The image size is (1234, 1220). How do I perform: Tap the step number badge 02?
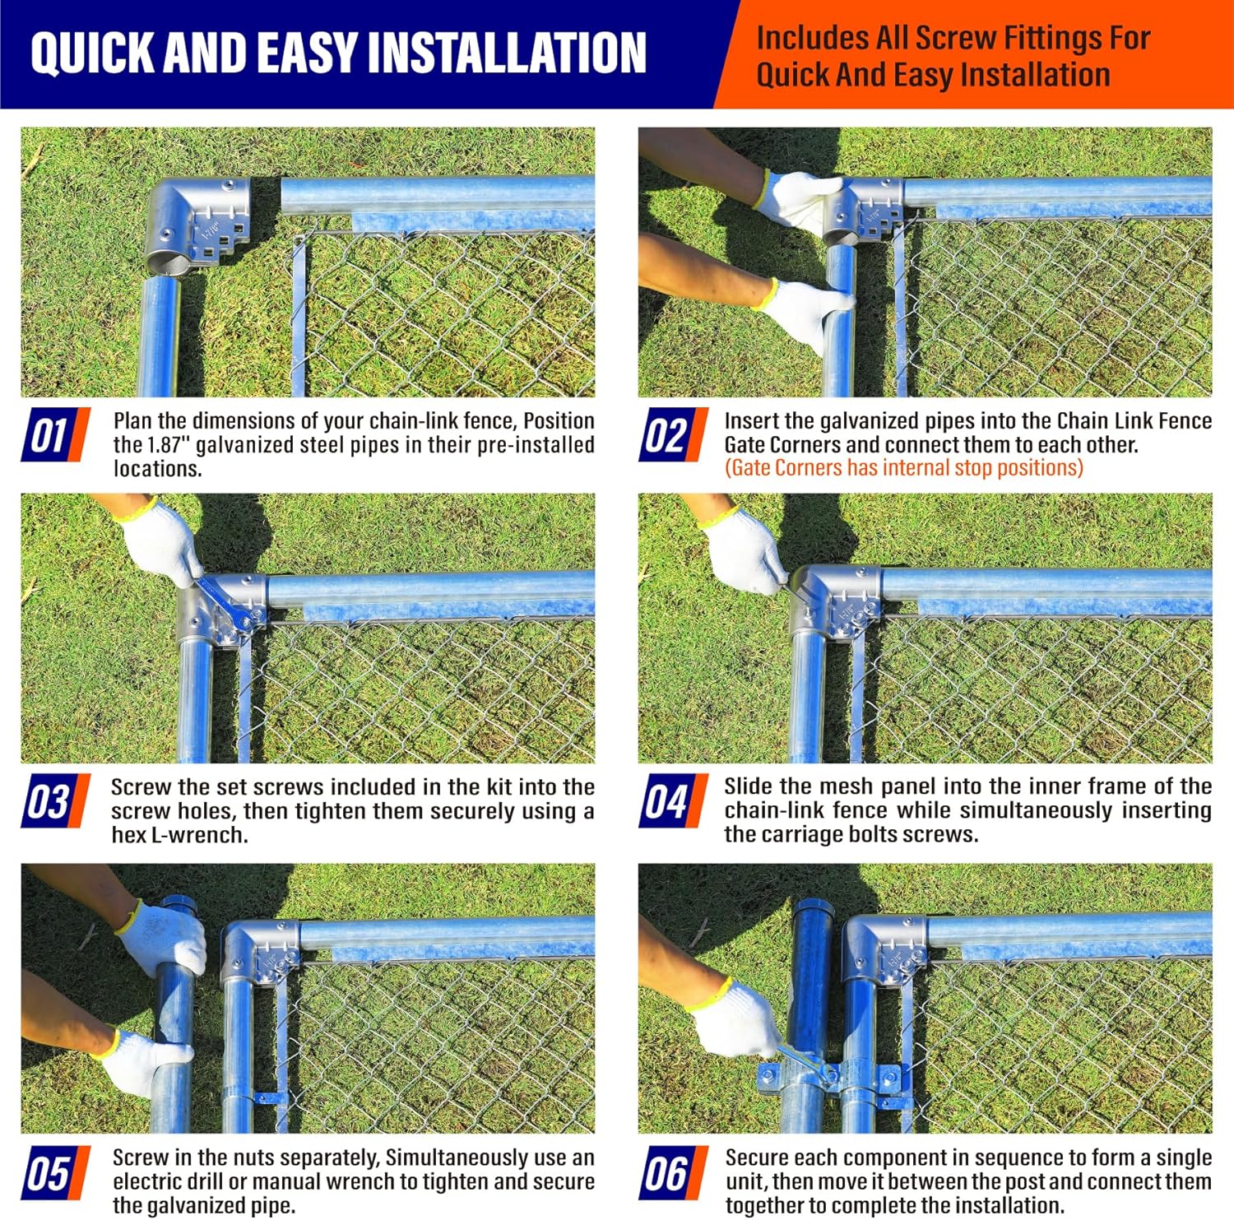[x=673, y=434]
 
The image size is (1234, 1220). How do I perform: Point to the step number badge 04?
[x=673, y=800]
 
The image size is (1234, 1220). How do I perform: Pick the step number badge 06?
[x=673, y=1172]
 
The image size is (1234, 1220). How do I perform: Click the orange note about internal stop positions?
[x=903, y=467]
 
